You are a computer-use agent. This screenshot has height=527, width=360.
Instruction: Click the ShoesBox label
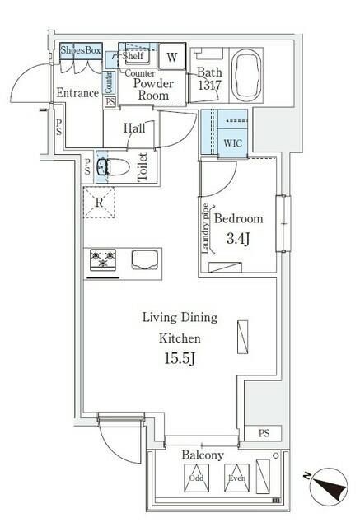click(79, 50)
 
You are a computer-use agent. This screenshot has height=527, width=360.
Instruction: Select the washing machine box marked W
click(172, 57)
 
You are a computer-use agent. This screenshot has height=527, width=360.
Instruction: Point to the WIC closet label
click(235, 142)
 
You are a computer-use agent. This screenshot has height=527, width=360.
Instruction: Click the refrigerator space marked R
click(99, 202)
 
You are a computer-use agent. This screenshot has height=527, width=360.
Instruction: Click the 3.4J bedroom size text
click(238, 240)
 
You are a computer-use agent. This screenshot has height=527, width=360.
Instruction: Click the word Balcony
click(203, 455)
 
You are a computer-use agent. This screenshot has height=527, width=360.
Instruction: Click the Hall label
click(134, 128)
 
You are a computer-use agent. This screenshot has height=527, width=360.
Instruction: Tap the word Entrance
click(77, 93)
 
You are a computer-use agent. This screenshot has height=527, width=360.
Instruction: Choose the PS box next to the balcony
click(263, 433)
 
